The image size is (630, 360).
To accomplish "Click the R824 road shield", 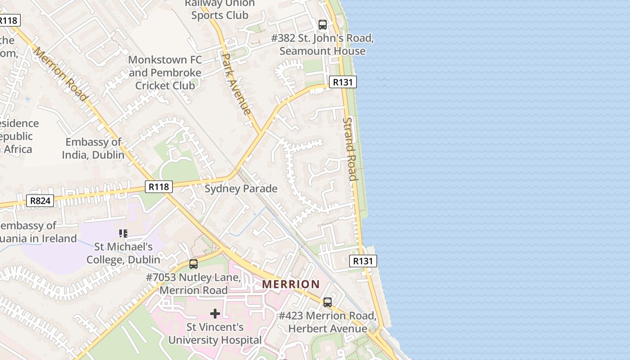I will [40, 201].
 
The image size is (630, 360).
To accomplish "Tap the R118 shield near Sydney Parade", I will [159, 186].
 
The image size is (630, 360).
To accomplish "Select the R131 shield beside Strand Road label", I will [343, 82].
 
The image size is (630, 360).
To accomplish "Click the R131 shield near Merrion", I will [363, 261].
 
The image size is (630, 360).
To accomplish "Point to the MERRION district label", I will [291, 284].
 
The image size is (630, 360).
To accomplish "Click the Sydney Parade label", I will [241, 189].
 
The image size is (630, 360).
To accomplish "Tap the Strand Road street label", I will [350, 148].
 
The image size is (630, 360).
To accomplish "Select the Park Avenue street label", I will [236, 84].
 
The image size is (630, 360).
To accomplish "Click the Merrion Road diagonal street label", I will [60, 74].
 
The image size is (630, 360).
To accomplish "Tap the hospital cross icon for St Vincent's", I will [215, 313].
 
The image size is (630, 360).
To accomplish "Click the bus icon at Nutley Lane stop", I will [193, 264].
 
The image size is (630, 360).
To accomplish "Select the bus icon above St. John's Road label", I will [322, 25].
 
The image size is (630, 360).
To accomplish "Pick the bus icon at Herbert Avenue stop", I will [328, 302].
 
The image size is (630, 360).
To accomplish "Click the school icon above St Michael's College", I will [123, 233].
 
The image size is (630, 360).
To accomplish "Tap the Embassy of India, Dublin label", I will [93, 148].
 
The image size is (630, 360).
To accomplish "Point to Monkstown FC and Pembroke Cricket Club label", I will [165, 72].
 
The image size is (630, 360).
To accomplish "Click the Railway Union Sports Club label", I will [220, 9].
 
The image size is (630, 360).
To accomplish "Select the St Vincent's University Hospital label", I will [215, 334].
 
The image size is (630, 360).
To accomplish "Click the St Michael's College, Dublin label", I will [123, 253].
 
